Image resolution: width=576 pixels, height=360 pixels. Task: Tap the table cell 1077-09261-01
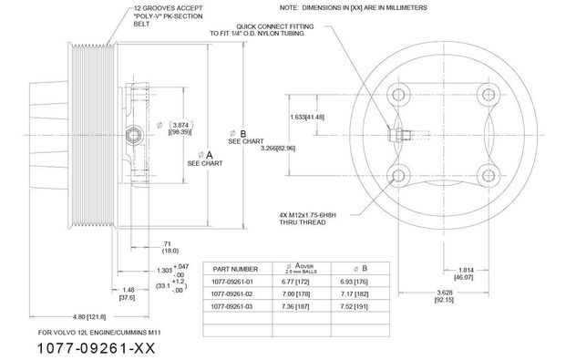pos(235,283)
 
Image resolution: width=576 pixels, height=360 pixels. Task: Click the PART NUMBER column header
pos(235,269)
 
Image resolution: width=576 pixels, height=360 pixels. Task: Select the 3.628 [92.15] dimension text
pos(444,294)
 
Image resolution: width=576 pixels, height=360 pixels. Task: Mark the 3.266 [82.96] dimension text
pos(278,148)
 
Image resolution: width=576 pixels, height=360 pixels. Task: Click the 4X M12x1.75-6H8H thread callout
pos(323,220)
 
